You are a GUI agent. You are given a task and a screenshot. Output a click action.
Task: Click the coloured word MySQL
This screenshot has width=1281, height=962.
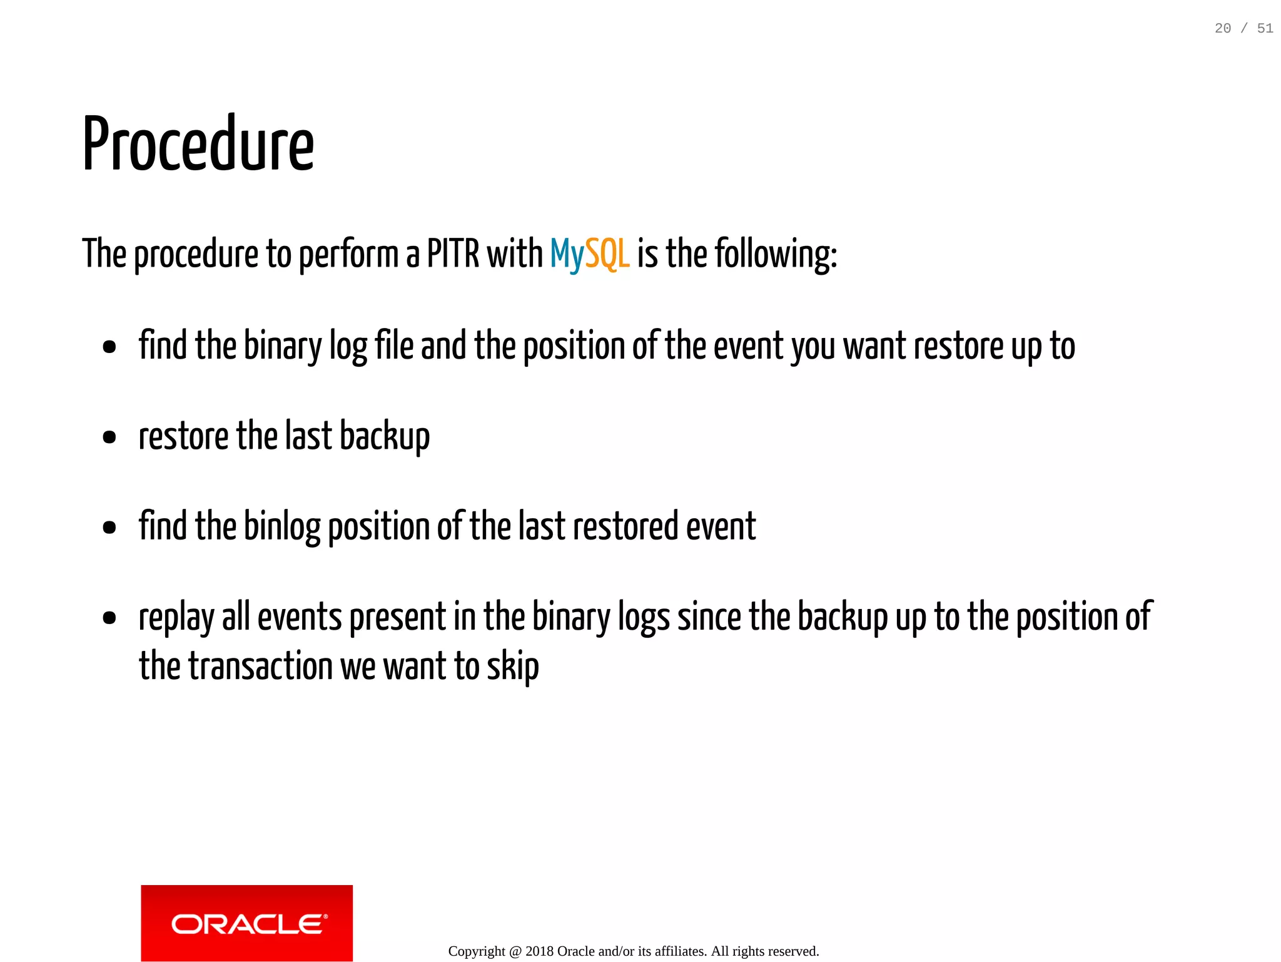tap(589, 254)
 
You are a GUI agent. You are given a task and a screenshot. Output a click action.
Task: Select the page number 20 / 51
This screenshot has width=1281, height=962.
tap(1243, 28)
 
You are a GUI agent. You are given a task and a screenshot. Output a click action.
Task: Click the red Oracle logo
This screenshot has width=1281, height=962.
tap(246, 923)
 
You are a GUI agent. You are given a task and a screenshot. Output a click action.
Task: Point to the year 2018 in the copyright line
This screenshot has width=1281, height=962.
tap(539, 951)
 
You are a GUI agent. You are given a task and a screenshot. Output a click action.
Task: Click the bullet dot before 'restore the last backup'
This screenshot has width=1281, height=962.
tap(109, 437)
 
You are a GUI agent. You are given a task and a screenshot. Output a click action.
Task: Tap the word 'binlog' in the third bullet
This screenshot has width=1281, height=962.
tap(281, 526)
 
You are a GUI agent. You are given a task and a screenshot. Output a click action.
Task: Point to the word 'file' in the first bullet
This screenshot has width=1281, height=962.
tap(393, 345)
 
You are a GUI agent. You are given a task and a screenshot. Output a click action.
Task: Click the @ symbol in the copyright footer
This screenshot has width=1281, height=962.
tap(515, 951)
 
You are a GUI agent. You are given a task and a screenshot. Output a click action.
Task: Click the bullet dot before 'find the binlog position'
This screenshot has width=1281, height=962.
tap(109, 527)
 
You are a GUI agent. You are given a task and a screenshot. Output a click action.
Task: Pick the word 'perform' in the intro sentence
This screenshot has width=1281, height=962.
tap(348, 254)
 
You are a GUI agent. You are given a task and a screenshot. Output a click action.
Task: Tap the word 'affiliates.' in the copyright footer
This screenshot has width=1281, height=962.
tap(681, 951)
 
